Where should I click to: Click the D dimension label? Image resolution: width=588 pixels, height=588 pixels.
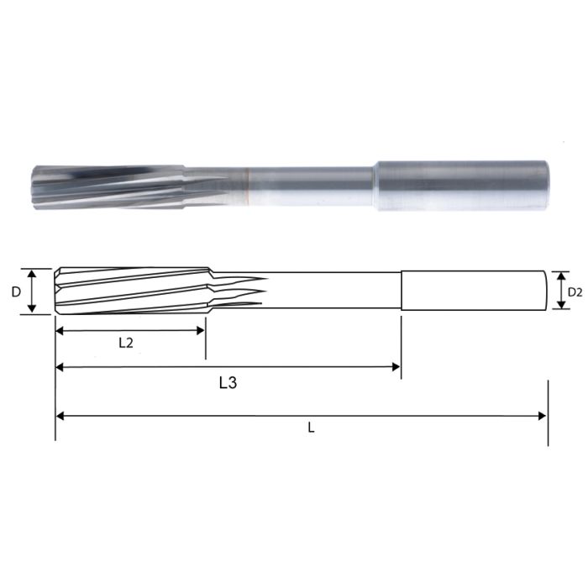pos(16,291)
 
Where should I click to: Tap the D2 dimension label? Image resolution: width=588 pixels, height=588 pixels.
pos(575,291)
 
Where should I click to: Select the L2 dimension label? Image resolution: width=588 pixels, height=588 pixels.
pos(126,342)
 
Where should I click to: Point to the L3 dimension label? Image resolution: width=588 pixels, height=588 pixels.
pos(227,383)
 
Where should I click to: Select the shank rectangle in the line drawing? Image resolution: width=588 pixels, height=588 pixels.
pos(474,291)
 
